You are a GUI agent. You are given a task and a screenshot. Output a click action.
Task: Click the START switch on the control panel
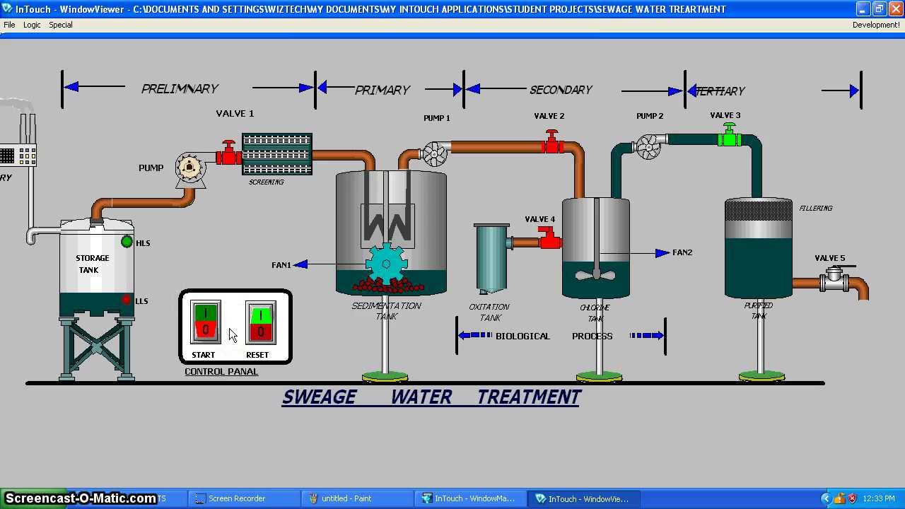tap(205, 322)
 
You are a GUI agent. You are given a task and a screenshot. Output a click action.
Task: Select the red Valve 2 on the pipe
tap(552, 143)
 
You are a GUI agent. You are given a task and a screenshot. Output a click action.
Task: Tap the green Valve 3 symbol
tap(729, 136)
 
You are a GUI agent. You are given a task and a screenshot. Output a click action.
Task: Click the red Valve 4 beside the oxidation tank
tap(548, 238)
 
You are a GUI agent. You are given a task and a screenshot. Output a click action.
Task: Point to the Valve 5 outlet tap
tap(835, 279)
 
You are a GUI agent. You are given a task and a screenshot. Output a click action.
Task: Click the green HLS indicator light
tap(127, 242)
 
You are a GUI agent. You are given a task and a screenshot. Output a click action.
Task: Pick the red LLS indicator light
tap(127, 300)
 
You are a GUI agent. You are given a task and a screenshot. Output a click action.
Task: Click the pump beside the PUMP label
tap(189, 168)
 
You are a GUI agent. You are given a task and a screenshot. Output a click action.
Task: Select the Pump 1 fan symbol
tap(434, 153)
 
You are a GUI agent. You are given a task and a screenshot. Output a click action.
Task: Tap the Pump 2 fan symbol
tap(648, 146)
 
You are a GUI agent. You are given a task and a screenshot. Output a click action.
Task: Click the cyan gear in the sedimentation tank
tap(386, 264)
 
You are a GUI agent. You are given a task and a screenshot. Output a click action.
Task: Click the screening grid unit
tap(277, 154)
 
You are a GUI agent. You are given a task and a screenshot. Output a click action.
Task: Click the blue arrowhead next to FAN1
tap(300, 264)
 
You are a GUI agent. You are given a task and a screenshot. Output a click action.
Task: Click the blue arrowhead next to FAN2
tap(662, 252)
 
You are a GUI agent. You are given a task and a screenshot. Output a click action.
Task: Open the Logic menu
tap(32, 25)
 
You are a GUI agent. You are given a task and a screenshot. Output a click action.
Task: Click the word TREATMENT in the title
tap(529, 397)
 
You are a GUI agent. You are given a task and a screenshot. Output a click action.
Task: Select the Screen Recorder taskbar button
tap(236, 498)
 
